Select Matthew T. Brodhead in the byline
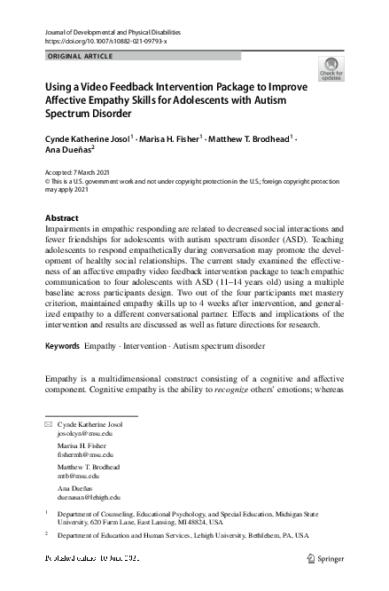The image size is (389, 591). pos(250,139)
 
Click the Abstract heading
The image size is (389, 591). pos(61,218)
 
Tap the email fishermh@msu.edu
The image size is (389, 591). pos(79,454)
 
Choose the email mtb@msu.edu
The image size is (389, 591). pos(72,476)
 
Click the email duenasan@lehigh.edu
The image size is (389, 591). pos(82,497)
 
